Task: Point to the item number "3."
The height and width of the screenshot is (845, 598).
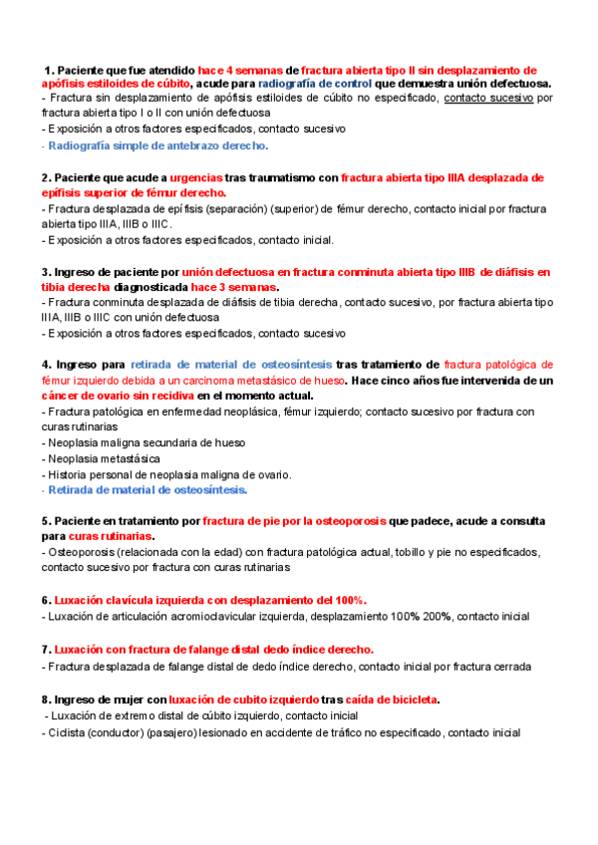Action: click(47, 271)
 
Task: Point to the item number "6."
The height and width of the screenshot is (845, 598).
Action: click(47, 600)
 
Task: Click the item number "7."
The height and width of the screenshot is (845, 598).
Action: click(47, 649)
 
